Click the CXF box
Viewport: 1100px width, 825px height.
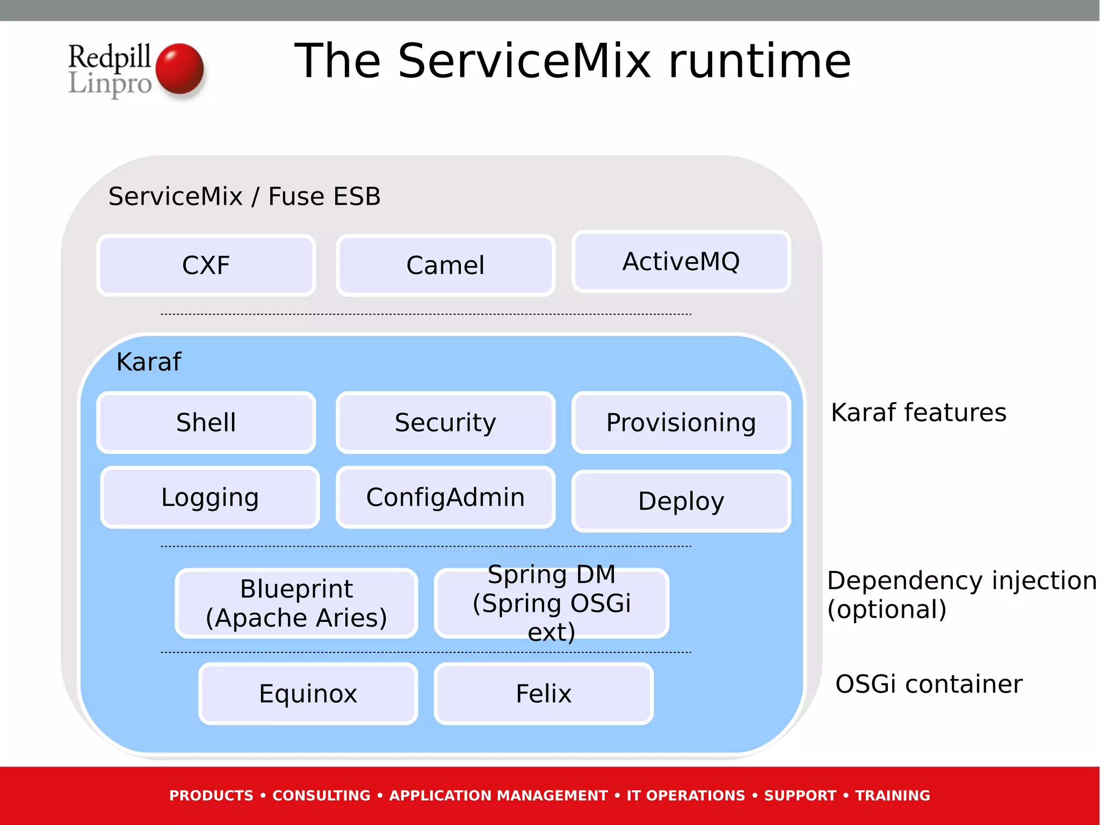pyautogui.click(x=206, y=265)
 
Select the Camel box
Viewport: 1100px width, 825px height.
pyautogui.click(x=445, y=265)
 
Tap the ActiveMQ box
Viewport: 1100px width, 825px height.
pyautogui.click(x=681, y=262)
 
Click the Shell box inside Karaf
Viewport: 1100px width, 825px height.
pyautogui.click(x=206, y=422)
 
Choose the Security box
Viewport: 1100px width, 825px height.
pyautogui.click(x=445, y=422)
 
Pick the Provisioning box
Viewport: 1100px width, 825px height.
pyautogui.click(x=681, y=422)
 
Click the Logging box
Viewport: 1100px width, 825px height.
pyautogui.click(x=210, y=497)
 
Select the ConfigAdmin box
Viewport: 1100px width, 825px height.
pyautogui.click(x=445, y=497)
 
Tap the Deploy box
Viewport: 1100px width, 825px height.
pyautogui.click(x=681, y=501)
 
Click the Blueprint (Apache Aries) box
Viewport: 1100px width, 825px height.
pyautogui.click(x=296, y=603)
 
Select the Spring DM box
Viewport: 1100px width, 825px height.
pyautogui.click(x=552, y=603)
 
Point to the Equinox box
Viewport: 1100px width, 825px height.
pyautogui.click(x=308, y=693)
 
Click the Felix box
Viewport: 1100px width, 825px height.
pyautogui.click(x=544, y=693)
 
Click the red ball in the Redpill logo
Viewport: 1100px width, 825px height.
pyautogui.click(x=180, y=69)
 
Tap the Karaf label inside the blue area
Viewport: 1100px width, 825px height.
pyautogui.click(x=149, y=362)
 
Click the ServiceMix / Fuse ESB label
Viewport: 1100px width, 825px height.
pyautogui.click(x=244, y=196)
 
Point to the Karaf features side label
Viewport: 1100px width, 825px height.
pyautogui.click(x=918, y=413)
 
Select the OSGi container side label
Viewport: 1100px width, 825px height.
pyautogui.click(x=929, y=684)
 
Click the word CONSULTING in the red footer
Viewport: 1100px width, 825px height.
pyautogui.click(x=321, y=795)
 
